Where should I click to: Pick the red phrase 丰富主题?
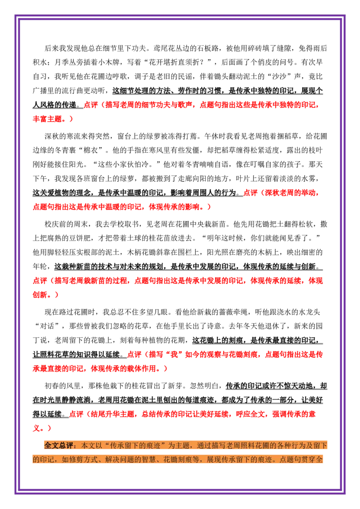47,119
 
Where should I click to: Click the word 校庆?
52,224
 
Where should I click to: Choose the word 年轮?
40,267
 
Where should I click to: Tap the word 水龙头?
309,313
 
